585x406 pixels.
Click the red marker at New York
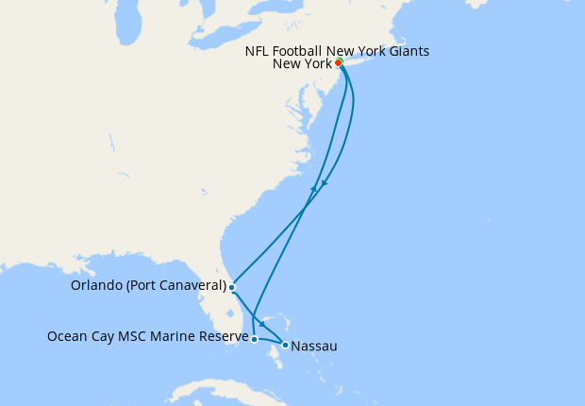338,64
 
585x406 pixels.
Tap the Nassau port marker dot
285,345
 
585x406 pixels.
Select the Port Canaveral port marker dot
231,286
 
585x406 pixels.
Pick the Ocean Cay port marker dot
254,338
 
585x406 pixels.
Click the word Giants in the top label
407,51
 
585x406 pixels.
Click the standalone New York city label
301,64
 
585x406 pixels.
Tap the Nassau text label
314,347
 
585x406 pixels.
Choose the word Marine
175,335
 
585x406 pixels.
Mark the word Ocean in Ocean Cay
67,335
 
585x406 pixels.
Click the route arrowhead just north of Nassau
261,324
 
